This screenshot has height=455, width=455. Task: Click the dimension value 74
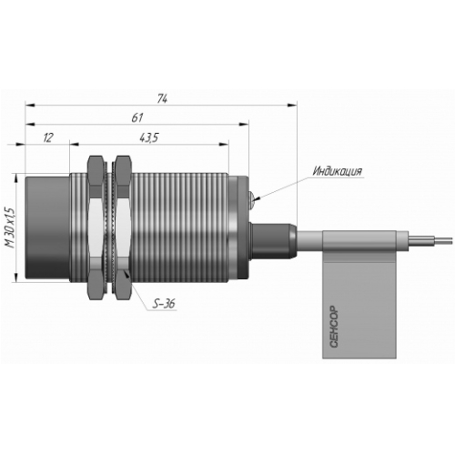162,99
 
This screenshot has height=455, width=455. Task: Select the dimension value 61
137,117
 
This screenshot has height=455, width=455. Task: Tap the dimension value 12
48,137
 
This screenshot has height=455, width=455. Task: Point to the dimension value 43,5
149,138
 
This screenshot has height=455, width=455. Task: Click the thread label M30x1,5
11,227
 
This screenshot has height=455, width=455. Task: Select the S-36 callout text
164,304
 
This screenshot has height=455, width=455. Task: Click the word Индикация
338,171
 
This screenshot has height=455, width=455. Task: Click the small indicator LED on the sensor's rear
251,199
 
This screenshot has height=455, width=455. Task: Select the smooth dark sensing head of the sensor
47,227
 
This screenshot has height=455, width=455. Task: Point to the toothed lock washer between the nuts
110,228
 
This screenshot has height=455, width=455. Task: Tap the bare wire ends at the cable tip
430,239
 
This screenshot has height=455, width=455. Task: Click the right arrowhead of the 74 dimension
292,105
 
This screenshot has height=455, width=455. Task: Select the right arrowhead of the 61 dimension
244,124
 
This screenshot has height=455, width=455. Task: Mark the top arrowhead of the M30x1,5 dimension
15,177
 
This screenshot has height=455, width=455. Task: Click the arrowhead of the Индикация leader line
258,198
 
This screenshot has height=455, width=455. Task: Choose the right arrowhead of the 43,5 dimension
224,144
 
